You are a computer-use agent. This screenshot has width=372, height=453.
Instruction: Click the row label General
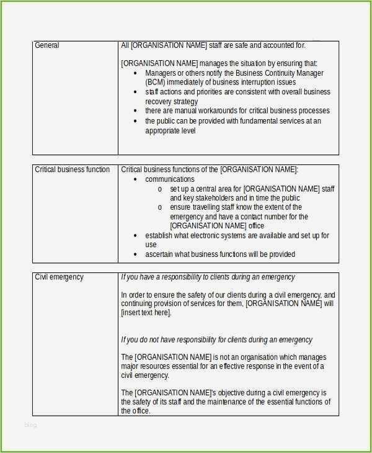coord(47,45)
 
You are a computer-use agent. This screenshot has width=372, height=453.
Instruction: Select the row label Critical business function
coord(73,169)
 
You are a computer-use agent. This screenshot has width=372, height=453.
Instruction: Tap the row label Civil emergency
coord(59,277)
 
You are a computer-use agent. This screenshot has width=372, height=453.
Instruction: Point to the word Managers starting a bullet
coord(161,73)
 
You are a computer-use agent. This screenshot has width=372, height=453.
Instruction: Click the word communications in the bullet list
coord(170,179)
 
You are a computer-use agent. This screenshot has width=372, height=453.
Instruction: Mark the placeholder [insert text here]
coord(146,313)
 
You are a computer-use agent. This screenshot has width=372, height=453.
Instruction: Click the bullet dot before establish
coord(136,236)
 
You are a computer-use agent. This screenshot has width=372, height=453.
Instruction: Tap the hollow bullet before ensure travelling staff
coord(160,207)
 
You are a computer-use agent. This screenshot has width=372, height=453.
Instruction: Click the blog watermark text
coord(30,425)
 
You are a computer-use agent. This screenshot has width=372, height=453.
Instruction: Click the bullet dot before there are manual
coord(136,111)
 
